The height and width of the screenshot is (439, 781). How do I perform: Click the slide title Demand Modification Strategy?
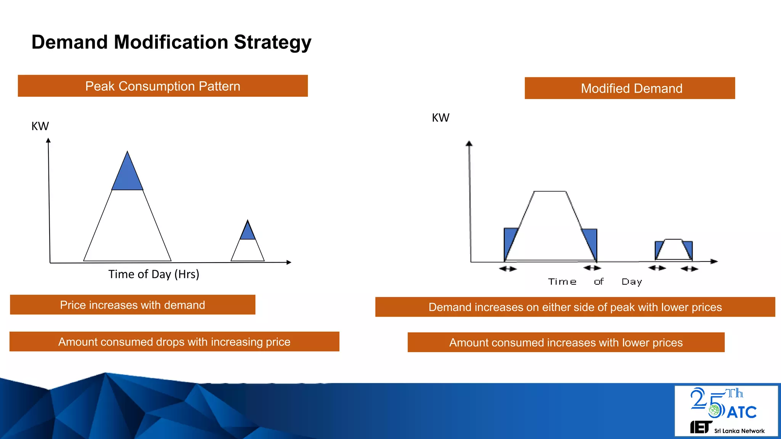point(171,42)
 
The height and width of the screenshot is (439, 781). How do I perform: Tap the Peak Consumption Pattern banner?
point(163,86)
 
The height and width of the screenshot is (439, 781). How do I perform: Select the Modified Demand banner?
point(630,88)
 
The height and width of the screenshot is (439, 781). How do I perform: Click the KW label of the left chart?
point(40,126)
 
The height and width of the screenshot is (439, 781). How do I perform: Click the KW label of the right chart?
point(440,118)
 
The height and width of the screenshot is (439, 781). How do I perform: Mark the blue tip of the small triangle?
point(248,232)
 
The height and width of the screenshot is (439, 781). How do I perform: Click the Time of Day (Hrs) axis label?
point(154,274)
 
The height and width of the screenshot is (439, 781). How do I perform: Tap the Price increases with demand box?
point(133,305)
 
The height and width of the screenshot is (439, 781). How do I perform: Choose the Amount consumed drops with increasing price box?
point(174,342)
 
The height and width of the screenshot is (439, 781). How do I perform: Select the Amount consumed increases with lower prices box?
point(566,343)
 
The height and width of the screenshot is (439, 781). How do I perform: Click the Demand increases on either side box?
point(575,307)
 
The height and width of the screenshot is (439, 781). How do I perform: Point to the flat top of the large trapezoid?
point(550,192)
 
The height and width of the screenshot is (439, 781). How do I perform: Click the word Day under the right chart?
point(632,282)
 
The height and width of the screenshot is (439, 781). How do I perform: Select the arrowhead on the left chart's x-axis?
point(289,262)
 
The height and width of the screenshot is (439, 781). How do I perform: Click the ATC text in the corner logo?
point(742,412)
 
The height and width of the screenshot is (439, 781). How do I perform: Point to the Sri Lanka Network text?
point(739,431)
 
